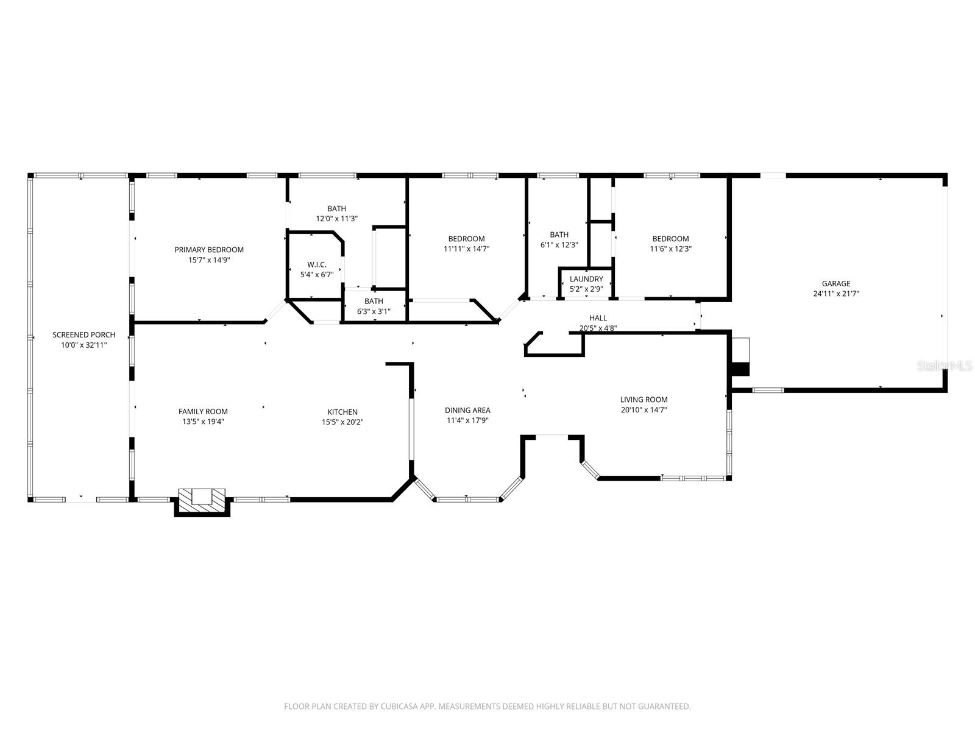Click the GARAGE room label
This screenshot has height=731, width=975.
coord(835,283)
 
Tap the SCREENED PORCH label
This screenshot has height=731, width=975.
coord(83,334)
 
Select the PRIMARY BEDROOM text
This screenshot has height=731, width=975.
coord(209,250)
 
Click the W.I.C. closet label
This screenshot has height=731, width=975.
coord(316,264)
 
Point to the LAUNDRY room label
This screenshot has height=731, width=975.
coord(586,279)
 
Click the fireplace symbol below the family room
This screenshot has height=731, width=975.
coord(202,496)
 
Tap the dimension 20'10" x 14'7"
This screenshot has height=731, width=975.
coord(643,410)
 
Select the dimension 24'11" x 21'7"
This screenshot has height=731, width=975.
coord(835,294)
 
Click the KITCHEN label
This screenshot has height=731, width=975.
coord(342,412)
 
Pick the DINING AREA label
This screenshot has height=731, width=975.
coord(467,410)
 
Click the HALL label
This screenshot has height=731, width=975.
coord(598,318)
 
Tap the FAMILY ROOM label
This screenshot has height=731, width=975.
coord(203,411)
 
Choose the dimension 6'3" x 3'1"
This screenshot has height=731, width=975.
coord(374,311)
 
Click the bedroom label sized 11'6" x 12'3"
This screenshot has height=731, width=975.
coord(670,239)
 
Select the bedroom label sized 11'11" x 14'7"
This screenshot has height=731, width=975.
coord(466,239)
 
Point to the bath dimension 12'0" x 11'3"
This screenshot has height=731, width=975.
coord(336,219)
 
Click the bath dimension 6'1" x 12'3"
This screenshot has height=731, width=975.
coord(559,245)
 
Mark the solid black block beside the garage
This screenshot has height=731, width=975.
coord(740,369)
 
